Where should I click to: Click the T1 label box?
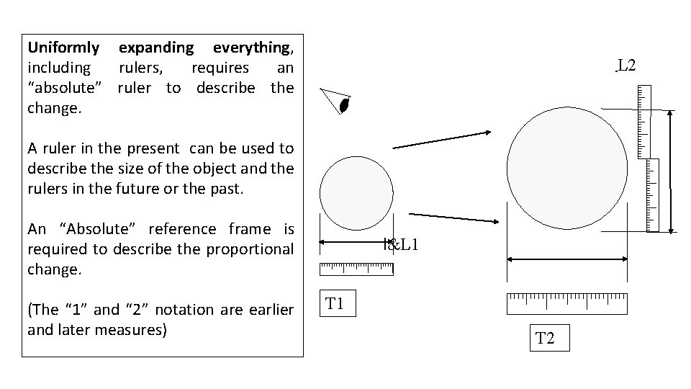tap(336, 304)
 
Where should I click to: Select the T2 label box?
tap(546, 338)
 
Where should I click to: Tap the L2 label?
tap(627, 66)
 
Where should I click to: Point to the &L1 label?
tap(402, 244)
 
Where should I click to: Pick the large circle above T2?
tap(567, 169)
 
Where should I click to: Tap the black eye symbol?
tap(345, 105)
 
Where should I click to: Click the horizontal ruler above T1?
tap(356, 269)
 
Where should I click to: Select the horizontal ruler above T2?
tap(567, 304)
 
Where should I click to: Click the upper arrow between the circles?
tap(441, 140)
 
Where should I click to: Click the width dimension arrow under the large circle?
tap(567, 259)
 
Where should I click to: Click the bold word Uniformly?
tap(63, 48)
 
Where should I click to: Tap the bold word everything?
tap(251, 48)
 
